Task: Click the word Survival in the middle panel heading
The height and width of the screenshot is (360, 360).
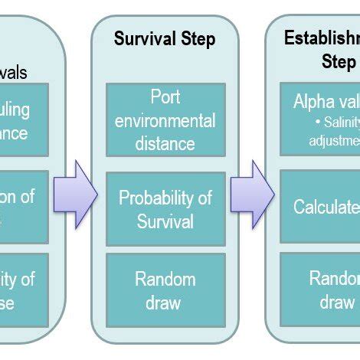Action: (143, 38)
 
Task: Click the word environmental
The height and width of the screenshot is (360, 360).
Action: (165, 121)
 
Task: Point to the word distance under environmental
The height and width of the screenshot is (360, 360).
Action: (165, 143)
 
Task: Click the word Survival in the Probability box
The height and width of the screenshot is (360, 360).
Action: (165, 221)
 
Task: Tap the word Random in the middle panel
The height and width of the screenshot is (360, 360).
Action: (165, 279)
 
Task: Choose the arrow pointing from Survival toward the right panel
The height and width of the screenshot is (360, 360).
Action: (252, 194)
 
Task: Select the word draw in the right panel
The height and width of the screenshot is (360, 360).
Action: (336, 302)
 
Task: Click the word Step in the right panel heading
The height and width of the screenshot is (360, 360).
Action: (338, 61)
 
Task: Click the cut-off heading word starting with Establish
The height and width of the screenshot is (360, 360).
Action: (322, 38)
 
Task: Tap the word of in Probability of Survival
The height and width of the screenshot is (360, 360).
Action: (203, 198)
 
